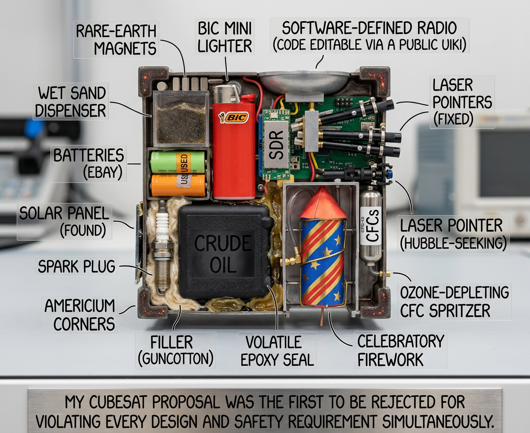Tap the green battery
point(177,162)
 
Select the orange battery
point(178,185)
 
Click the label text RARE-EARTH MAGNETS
point(116,40)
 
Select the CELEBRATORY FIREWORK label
point(400,350)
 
